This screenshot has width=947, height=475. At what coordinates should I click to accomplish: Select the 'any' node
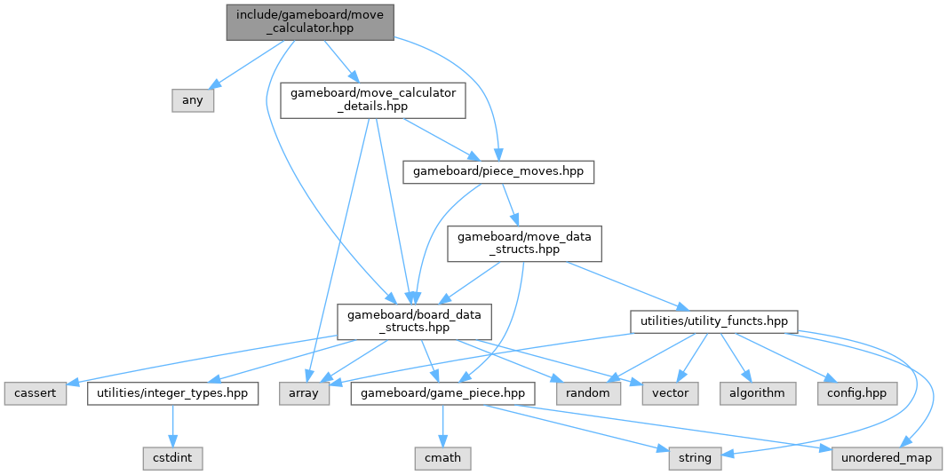(x=193, y=100)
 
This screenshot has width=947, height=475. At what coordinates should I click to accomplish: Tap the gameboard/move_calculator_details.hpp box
(x=373, y=100)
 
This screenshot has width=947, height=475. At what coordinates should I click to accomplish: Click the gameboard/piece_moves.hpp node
(x=498, y=171)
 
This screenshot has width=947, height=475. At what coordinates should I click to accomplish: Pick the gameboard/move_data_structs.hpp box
(x=524, y=242)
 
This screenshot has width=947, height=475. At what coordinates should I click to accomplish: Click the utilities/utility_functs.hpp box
(x=714, y=320)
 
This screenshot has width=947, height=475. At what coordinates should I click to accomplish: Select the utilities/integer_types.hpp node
(x=173, y=392)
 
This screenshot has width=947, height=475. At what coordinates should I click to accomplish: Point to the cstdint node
(x=173, y=458)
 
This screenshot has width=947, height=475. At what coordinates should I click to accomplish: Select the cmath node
(x=442, y=458)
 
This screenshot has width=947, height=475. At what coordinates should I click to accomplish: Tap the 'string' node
(x=695, y=458)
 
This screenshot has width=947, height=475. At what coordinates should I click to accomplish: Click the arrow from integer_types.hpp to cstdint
(x=173, y=424)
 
